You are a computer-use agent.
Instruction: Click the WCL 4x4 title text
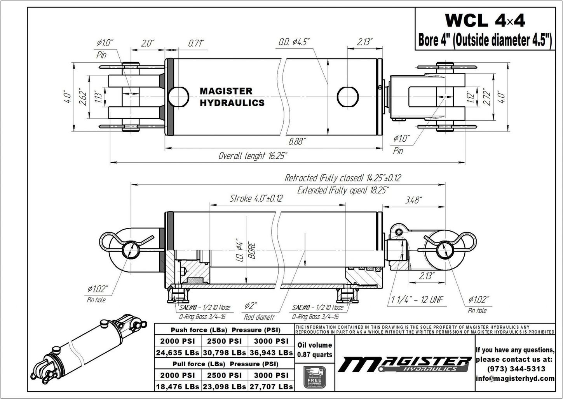(485, 21)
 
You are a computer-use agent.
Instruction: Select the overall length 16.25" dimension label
(253, 156)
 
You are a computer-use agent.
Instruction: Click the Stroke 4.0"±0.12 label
(256, 198)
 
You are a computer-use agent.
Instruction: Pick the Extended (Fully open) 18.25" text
(343, 190)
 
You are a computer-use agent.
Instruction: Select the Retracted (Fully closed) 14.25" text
(342, 178)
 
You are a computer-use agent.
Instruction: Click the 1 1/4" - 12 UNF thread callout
(416, 299)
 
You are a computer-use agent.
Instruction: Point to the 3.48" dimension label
(414, 200)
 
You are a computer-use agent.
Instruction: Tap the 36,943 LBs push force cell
(271, 353)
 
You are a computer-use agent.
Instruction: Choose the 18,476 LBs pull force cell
(178, 387)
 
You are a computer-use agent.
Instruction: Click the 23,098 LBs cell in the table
(224, 387)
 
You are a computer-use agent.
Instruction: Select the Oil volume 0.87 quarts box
(314, 350)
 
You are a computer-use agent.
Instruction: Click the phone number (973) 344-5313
(515, 369)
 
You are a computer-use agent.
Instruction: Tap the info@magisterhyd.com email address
(515, 378)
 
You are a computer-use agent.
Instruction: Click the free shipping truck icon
(314, 377)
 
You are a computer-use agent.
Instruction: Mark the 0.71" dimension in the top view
(196, 43)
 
